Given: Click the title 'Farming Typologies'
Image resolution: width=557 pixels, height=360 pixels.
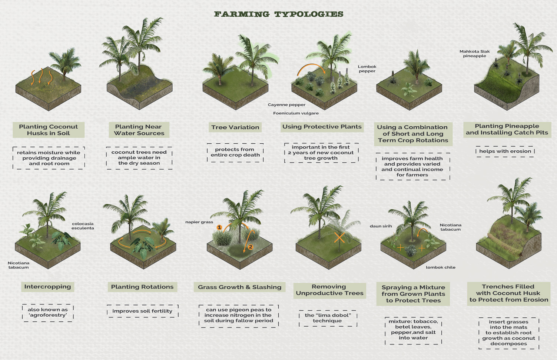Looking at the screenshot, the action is (x=279, y=14).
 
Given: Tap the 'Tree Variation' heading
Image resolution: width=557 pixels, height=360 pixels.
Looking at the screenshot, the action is (x=235, y=127).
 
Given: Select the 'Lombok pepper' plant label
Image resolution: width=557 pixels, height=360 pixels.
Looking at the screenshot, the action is (x=367, y=69).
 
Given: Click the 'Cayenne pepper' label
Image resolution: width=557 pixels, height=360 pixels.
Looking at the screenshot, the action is (x=286, y=105).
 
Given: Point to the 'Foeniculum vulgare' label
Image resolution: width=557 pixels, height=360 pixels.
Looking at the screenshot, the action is (x=296, y=113).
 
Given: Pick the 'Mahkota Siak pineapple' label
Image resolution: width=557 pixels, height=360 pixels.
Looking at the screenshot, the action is (x=474, y=54).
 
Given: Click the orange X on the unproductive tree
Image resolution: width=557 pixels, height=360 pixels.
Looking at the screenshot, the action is (x=339, y=237).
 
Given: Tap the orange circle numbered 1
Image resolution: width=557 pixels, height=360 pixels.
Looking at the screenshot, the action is (x=219, y=227).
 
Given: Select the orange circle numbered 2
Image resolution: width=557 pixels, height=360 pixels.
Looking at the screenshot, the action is (x=251, y=247).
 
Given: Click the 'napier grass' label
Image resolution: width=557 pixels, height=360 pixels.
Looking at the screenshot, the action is (x=199, y=222).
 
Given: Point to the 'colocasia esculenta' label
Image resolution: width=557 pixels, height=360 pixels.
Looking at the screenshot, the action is (x=83, y=226).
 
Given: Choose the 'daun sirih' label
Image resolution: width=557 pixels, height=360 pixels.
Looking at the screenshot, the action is (x=381, y=226).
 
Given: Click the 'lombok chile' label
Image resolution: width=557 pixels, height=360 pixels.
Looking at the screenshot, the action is (x=441, y=267).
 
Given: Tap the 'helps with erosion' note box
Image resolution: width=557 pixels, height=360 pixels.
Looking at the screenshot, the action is (x=505, y=151).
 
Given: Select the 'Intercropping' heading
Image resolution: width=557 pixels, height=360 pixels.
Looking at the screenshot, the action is (x=47, y=287).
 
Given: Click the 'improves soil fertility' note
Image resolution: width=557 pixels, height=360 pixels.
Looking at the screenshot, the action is (x=142, y=311).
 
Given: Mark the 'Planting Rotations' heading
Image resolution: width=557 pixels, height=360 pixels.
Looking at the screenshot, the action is (x=142, y=287).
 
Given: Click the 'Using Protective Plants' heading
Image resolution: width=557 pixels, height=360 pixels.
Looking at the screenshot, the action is (x=322, y=127).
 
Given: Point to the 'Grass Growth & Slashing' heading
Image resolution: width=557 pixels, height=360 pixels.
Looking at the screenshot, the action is (x=239, y=287).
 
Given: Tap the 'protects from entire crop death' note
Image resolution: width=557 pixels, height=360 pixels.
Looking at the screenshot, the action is (x=235, y=152).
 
